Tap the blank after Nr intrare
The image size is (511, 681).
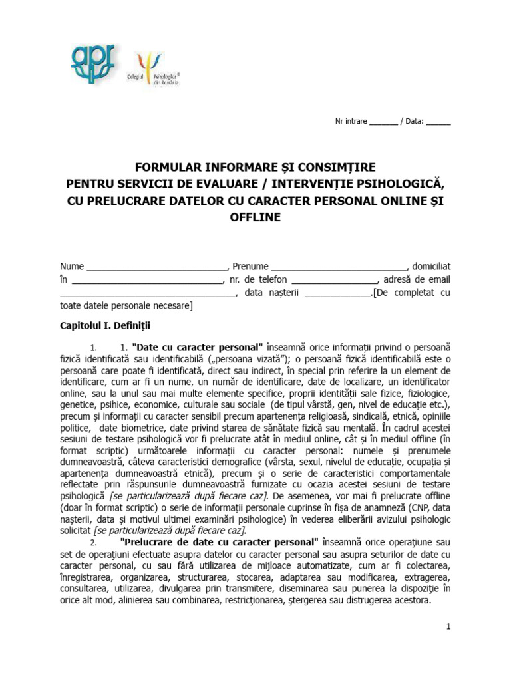coord(383,124)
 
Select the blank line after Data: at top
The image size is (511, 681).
coord(438,124)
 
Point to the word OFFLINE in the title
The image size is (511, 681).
coord(255,217)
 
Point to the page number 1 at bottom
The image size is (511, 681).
coord(448,627)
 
